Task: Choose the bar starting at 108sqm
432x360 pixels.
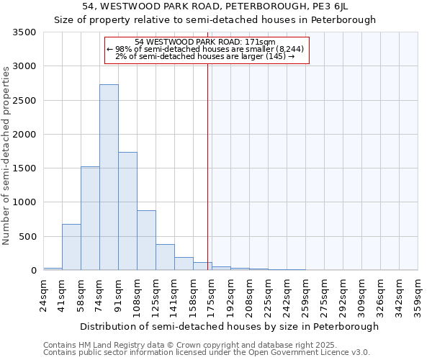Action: [x=146, y=240]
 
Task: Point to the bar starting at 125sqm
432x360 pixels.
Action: [x=165, y=257]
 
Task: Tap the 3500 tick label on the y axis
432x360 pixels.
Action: [x=24, y=32]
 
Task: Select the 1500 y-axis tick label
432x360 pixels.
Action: [x=24, y=168]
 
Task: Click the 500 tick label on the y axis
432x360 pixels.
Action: [x=28, y=237]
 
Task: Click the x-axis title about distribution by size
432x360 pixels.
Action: [x=229, y=327]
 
